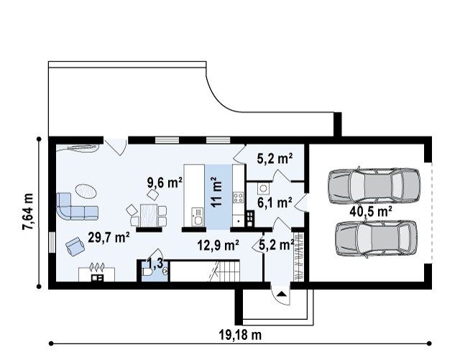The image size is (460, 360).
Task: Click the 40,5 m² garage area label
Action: [371, 211]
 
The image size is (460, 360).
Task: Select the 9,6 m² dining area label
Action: [165, 183]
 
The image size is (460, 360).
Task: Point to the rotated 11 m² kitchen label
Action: [217, 192]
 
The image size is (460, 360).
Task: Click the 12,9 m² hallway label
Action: [218, 245]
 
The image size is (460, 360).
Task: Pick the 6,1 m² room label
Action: [275, 203]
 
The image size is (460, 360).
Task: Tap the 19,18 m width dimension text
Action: [240, 334]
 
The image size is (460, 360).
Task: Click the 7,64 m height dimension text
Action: [28, 211]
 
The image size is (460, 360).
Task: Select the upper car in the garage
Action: [374, 185]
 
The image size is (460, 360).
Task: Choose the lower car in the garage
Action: [376, 239]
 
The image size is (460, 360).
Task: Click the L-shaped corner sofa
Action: [76, 206]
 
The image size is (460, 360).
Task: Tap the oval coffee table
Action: [86, 191]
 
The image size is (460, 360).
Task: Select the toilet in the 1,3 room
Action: [146, 273]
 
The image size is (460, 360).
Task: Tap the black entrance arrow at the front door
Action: [282, 294]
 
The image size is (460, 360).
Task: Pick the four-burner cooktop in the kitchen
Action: [238, 197]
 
